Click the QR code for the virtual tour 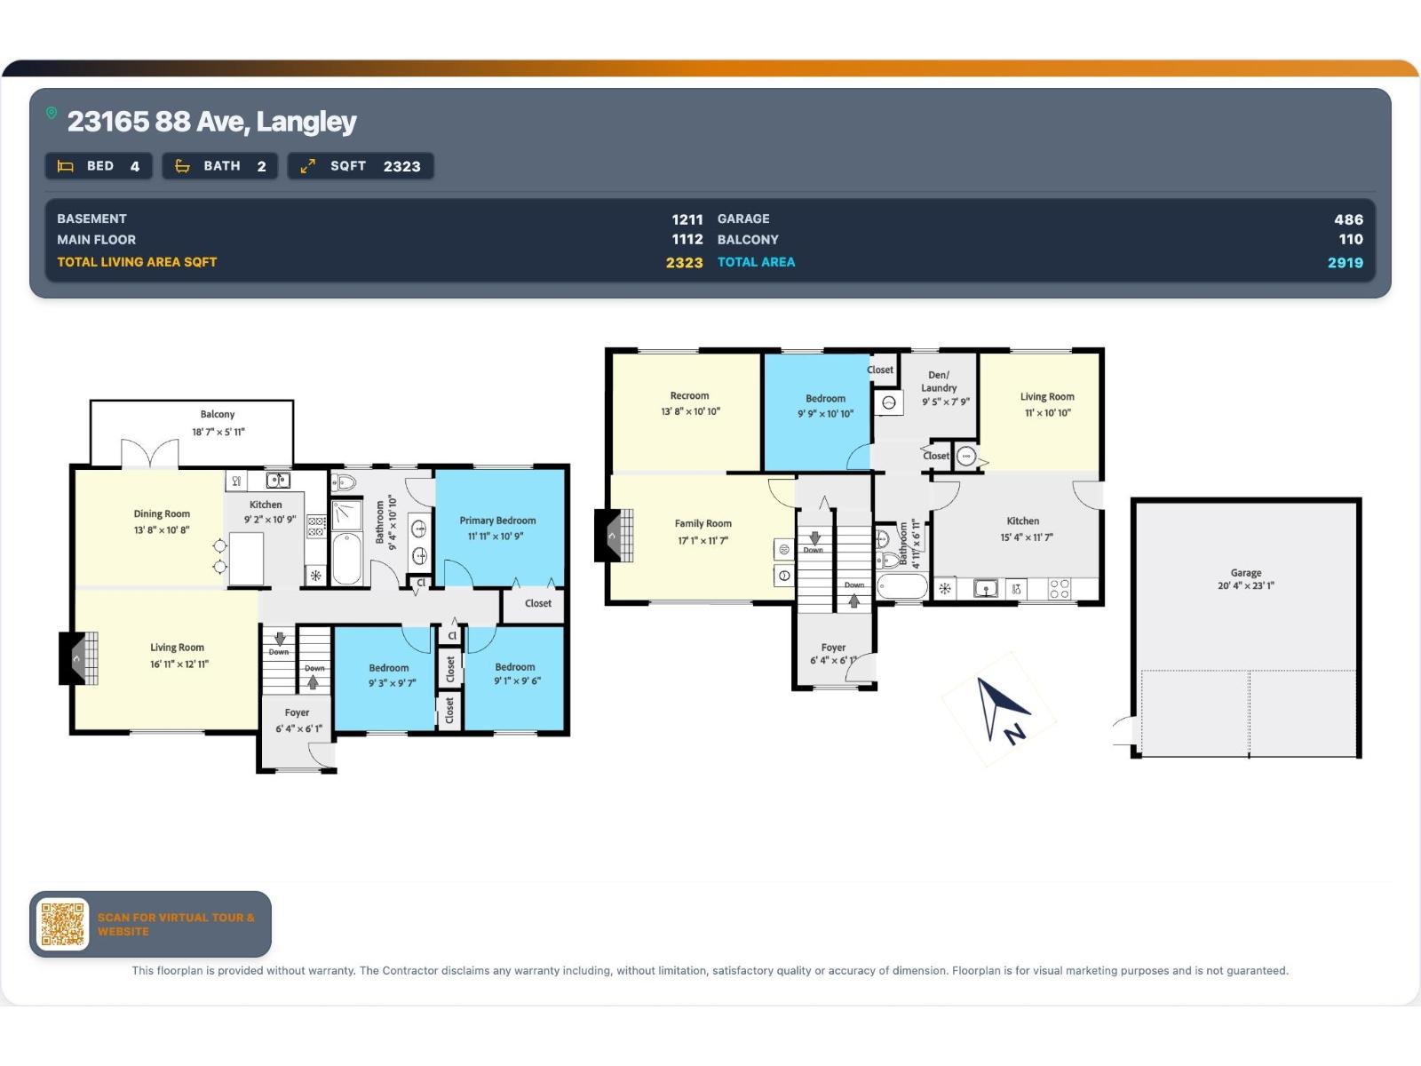[x=62, y=924]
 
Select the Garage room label [x=1245, y=573]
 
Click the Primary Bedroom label [x=497, y=521]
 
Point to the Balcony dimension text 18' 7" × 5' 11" [x=218, y=432]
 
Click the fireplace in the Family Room [x=613, y=536]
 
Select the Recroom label [x=689, y=395]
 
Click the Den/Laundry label [x=939, y=381]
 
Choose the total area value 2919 [x=1346, y=262]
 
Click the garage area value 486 [x=1348, y=219]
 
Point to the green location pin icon [x=52, y=114]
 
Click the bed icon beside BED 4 [x=66, y=166]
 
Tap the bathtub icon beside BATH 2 [x=183, y=166]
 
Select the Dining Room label [x=162, y=514]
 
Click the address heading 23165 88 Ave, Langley [x=211, y=122]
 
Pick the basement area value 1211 [x=687, y=219]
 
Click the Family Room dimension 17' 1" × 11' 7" [x=703, y=540]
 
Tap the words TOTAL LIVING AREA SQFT [x=137, y=262]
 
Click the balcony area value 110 [x=1351, y=240]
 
